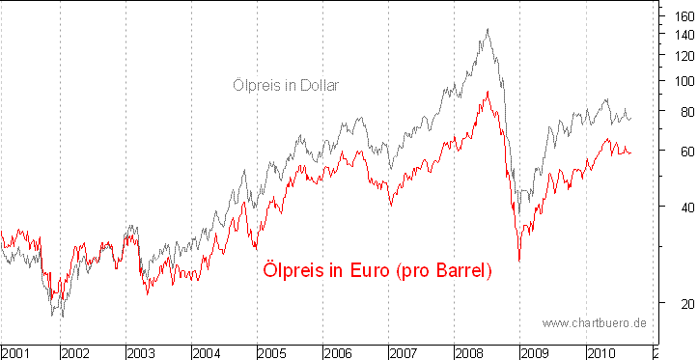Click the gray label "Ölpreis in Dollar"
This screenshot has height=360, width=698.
pyautogui.click(x=286, y=85)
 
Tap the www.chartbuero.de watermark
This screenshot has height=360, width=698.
pyautogui.click(x=594, y=321)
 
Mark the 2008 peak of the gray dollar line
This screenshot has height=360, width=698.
pyautogui.click(x=488, y=29)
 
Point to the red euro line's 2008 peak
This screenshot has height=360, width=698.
pyautogui.click(x=488, y=92)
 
